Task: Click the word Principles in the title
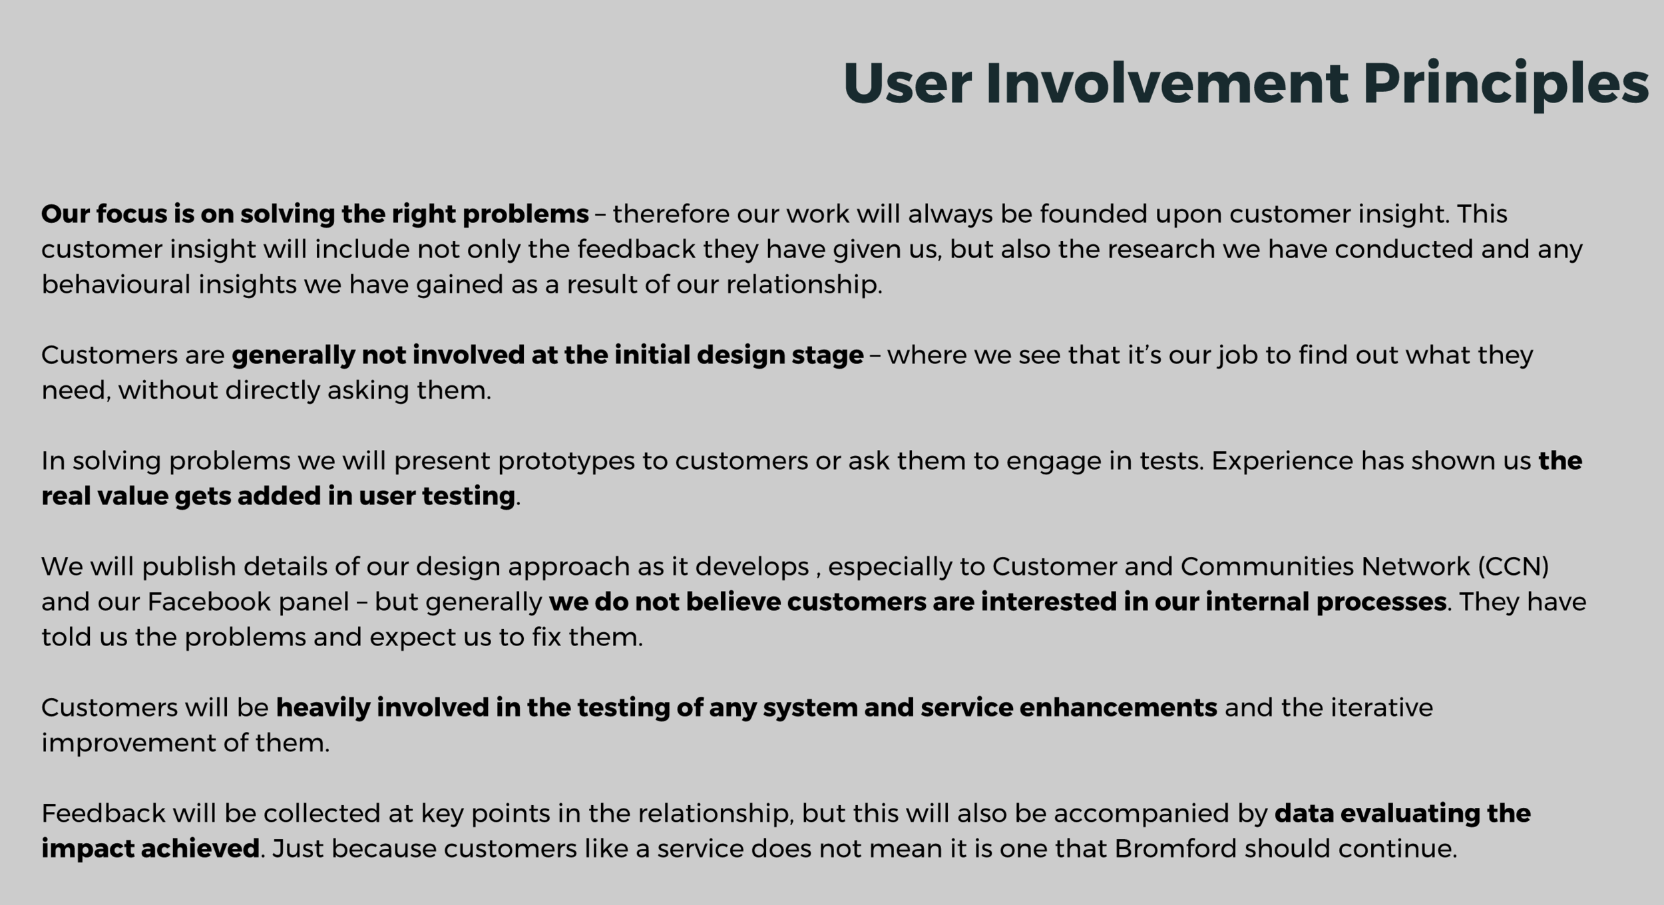pyautogui.click(x=1506, y=85)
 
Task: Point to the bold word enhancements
pyautogui.click(x=1118, y=707)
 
